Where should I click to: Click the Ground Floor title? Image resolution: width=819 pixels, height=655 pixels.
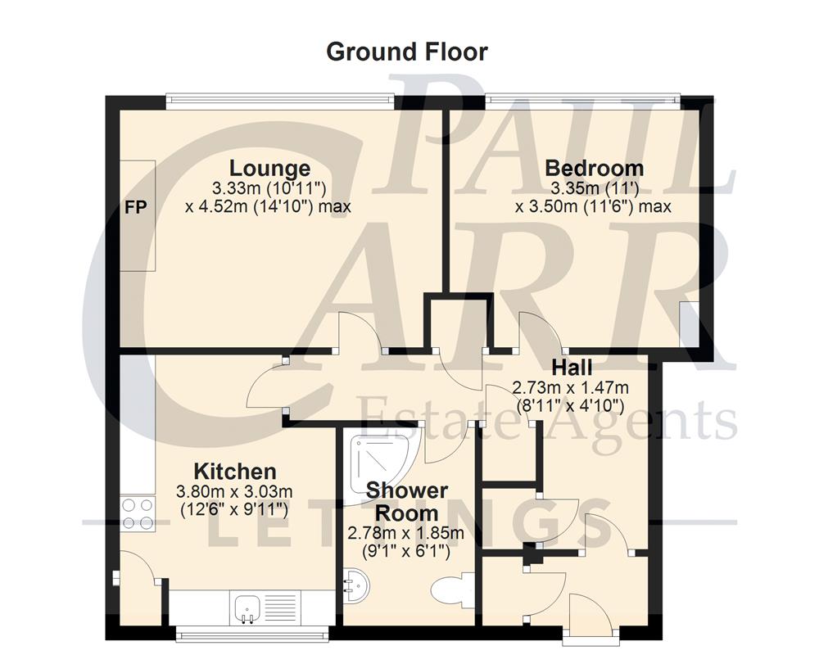(407, 52)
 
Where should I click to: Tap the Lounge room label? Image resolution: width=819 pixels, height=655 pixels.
(269, 169)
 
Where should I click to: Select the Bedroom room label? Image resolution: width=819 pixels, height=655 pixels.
(595, 169)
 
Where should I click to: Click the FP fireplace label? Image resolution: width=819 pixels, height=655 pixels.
(136, 208)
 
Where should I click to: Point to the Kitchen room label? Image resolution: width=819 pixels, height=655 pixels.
(234, 472)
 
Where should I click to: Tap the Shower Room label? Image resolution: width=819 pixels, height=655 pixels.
(407, 502)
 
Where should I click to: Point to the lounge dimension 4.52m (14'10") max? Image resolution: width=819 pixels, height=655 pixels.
(269, 206)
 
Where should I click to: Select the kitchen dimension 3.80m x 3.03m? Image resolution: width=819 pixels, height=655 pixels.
(234, 492)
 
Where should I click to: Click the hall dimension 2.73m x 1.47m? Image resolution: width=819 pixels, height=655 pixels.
(569, 386)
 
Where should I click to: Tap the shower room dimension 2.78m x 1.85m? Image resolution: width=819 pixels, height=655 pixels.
(407, 534)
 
